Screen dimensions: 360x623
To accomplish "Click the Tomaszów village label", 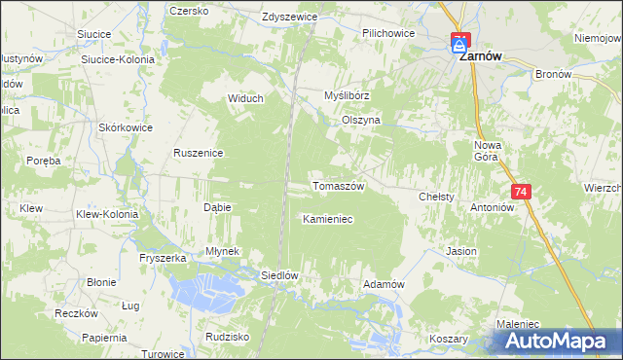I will [x=337, y=186].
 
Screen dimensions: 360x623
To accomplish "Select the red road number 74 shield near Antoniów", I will [x=521, y=193].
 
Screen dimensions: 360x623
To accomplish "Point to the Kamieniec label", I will [x=327, y=220].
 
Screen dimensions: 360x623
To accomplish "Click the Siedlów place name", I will [x=278, y=275].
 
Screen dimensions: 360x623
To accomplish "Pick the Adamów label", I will [x=383, y=283].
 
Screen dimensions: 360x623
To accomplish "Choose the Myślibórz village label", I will [x=348, y=96].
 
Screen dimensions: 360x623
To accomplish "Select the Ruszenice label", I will [x=199, y=154].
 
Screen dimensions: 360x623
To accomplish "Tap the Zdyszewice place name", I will [x=291, y=17].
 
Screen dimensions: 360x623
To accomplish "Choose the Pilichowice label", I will [x=388, y=33].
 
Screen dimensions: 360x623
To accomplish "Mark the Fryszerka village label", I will [x=163, y=258].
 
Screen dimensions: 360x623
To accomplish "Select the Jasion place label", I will [x=461, y=251].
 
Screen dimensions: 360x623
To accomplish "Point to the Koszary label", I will [x=448, y=340].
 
